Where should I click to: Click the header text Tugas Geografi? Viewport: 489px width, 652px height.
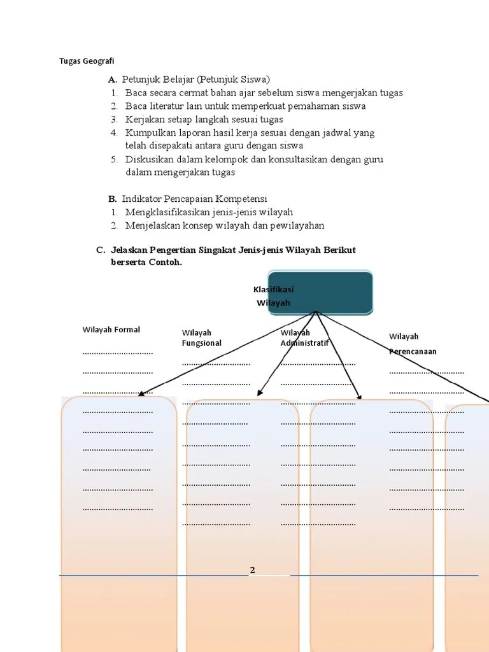pyautogui.click(x=87, y=61)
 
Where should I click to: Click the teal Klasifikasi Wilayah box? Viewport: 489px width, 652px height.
pyautogui.click(x=321, y=293)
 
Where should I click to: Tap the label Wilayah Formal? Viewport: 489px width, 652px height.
pyautogui.click(x=111, y=330)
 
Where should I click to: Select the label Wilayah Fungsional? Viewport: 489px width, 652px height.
pyautogui.click(x=202, y=337)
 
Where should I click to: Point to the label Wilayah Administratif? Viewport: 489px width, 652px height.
pyautogui.click(x=304, y=337)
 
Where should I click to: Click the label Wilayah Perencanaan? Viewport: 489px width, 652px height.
pyautogui.click(x=413, y=343)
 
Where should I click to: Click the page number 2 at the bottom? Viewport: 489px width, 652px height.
pyautogui.click(x=252, y=570)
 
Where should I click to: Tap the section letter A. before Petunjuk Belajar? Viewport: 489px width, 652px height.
pyautogui.click(x=113, y=80)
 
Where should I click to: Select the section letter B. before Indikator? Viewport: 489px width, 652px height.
pyautogui.click(x=113, y=199)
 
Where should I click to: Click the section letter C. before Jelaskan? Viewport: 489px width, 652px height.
pyautogui.click(x=101, y=250)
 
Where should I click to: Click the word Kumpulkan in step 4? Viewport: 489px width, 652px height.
pyautogui.click(x=148, y=132)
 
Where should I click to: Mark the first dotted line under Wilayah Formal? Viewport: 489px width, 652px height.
pyautogui.click(x=118, y=353)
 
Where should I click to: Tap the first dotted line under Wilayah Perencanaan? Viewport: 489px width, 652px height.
pyautogui.click(x=427, y=372)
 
